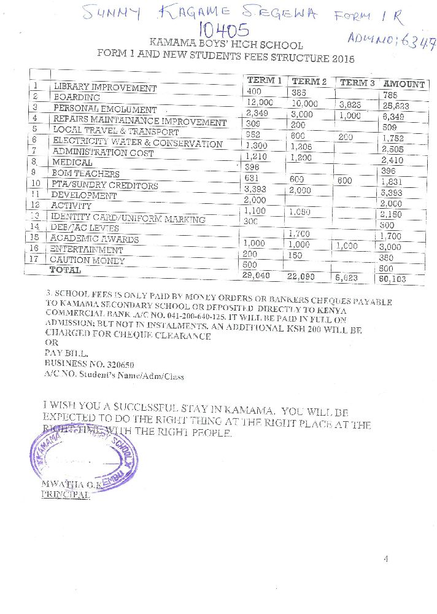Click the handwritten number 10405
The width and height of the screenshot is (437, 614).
pos(224,30)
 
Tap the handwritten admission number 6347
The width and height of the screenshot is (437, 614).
pos(419,41)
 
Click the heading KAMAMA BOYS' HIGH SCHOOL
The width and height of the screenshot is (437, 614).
pos(226,44)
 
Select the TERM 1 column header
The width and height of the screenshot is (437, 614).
pos(265,80)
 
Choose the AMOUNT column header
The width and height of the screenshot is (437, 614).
pos(404,84)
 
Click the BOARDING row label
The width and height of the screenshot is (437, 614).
pos(77,97)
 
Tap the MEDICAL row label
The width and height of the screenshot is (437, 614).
pos(72,162)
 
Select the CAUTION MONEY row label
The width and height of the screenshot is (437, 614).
pos(87,260)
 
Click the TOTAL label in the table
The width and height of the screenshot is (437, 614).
pos(65,270)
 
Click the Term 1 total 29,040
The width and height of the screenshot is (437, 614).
pos(257,276)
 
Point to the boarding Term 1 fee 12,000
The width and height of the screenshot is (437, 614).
pos(259,103)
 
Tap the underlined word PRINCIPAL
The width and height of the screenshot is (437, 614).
pos(65,494)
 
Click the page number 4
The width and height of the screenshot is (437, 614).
pos(386,559)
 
